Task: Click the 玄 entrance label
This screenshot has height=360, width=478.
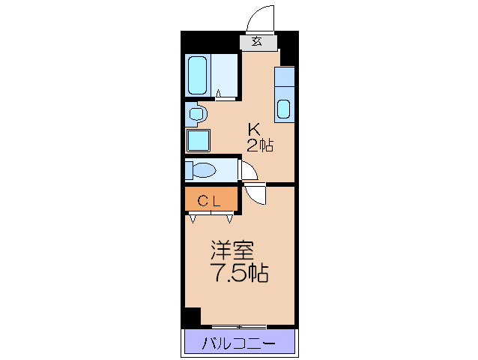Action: tap(257, 42)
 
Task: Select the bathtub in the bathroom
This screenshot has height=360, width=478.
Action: tap(198, 74)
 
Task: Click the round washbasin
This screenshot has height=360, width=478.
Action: tap(196, 115)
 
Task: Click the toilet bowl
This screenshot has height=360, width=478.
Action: tap(201, 169)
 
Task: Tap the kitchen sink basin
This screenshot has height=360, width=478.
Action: tap(284, 109)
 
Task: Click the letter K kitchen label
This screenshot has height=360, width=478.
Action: tap(254, 128)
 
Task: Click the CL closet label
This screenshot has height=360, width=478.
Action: tap(209, 200)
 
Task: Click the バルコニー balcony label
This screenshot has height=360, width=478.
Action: tap(239, 344)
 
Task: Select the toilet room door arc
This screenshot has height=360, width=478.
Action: tap(248, 169)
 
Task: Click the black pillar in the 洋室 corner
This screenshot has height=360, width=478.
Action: tap(193, 317)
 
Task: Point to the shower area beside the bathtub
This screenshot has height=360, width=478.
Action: tap(225, 74)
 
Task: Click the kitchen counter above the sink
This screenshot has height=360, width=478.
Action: tap(284, 78)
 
